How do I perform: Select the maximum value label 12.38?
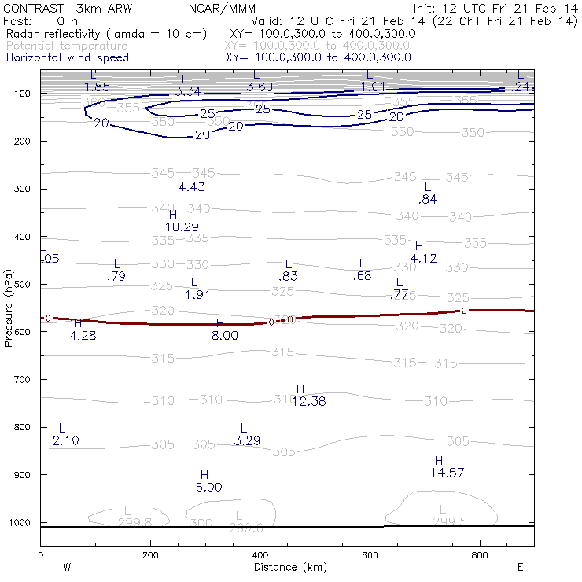click(x=308, y=402)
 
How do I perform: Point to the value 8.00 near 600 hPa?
click(x=224, y=335)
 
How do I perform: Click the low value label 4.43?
click(x=192, y=186)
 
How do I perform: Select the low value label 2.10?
click(x=65, y=440)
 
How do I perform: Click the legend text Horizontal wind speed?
click(x=67, y=57)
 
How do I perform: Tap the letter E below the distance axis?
click(x=520, y=566)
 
